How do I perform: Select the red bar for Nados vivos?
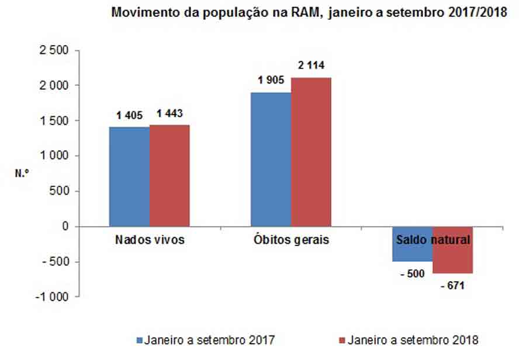coord(169,175)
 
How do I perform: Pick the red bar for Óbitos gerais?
coord(311,152)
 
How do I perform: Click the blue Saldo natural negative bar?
coord(412,251)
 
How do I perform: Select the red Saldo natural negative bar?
coord(452,257)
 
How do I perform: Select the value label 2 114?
coord(311,66)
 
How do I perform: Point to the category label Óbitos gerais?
coord(291,240)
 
